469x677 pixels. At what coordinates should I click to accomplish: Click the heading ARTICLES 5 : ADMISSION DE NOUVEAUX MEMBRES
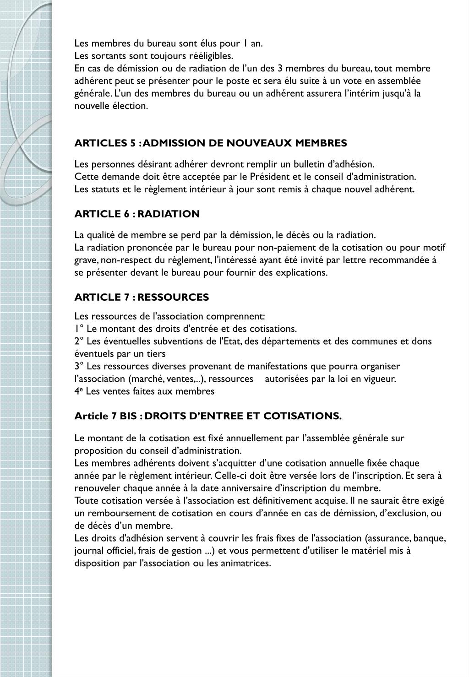click(211, 143)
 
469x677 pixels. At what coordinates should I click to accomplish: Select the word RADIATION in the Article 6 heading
click(169, 214)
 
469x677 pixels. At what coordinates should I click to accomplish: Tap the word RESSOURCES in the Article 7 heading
click(173, 297)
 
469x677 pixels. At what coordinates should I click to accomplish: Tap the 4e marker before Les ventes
click(78, 391)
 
